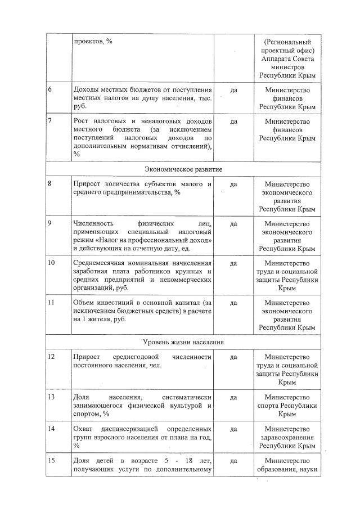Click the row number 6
[x=49, y=89]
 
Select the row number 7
[x=49, y=121]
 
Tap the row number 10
[x=51, y=263]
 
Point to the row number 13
[x=51, y=397]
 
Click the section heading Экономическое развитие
[x=183, y=169]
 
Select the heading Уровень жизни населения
[x=183, y=342]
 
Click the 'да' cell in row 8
[x=233, y=184]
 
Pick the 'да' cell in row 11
[x=233, y=302]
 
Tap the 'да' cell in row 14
[x=233, y=429]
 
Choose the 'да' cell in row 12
[x=233, y=357]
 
